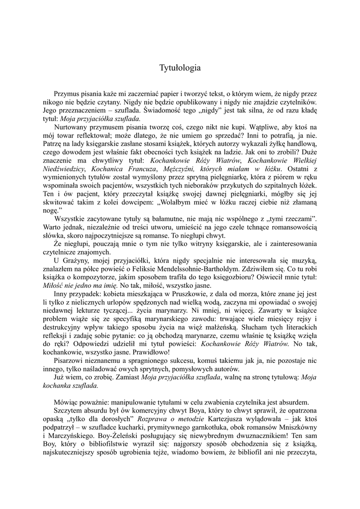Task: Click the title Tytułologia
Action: tap(180, 67)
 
